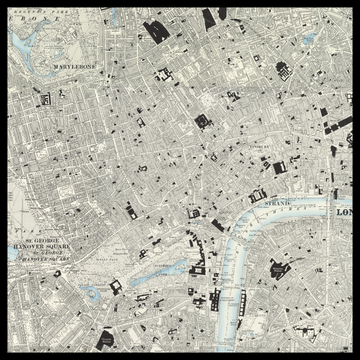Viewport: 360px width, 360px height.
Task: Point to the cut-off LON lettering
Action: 346,214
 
